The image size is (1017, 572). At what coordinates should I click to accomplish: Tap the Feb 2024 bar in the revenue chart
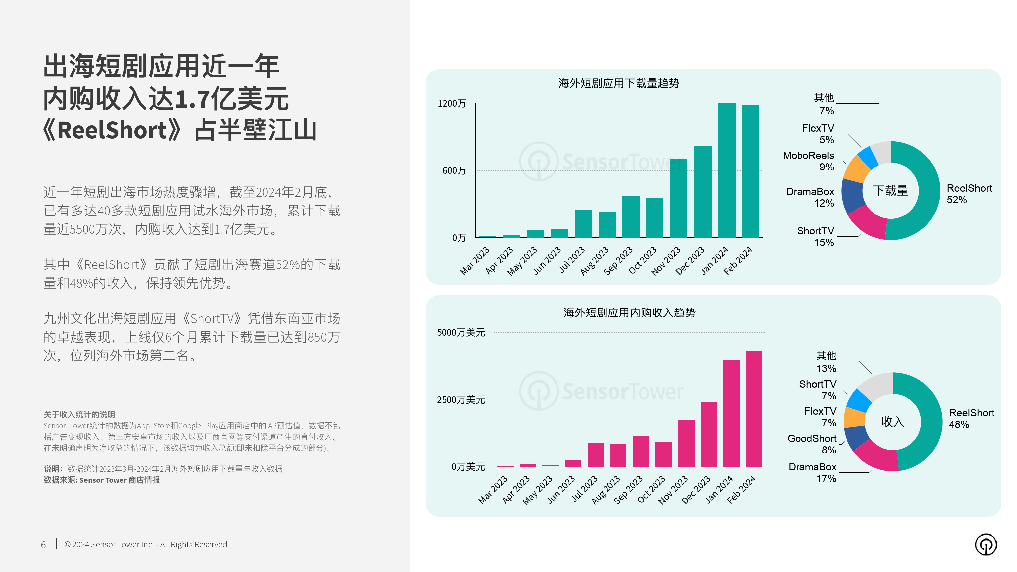coord(754,408)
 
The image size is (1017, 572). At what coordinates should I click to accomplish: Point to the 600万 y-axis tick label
coord(454,170)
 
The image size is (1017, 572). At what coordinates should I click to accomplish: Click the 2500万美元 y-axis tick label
coord(461,400)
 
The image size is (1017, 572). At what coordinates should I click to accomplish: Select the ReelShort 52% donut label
coord(969,194)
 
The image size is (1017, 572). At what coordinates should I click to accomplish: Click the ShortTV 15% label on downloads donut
coord(815,236)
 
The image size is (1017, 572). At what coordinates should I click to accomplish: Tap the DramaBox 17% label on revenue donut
coord(812,472)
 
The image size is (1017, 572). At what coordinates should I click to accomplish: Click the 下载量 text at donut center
coord(890,191)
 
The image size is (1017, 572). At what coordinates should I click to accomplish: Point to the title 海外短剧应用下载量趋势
coord(619,83)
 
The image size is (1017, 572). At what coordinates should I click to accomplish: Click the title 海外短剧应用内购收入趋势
coord(629,312)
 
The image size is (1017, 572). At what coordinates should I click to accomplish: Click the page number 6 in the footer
coord(43,545)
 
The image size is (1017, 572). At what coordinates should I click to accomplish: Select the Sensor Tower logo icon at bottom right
coord(986,545)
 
